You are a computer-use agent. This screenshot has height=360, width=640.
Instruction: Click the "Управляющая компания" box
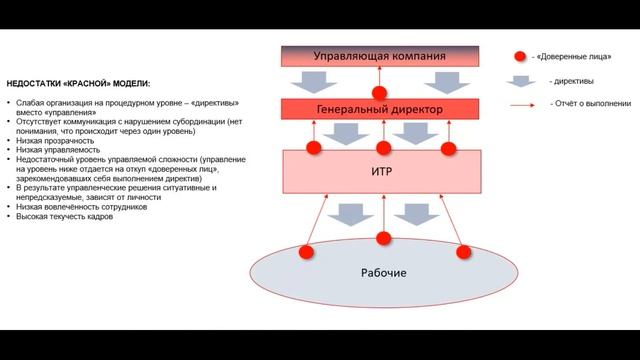pos(379,56)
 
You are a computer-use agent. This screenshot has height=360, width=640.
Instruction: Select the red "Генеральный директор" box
pos(379,107)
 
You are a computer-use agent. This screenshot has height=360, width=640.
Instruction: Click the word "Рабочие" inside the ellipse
pos(383,272)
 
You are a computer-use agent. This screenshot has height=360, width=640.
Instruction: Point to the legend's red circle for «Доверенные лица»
pos(521,57)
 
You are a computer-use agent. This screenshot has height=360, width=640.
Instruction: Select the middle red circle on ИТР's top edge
pos(384,148)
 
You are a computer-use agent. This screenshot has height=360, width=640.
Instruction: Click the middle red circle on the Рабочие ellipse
pos(384,239)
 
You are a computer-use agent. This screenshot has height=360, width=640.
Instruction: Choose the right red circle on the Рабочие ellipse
pos(463,252)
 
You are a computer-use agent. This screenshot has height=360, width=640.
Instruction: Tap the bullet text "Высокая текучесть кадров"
pos(66,216)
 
